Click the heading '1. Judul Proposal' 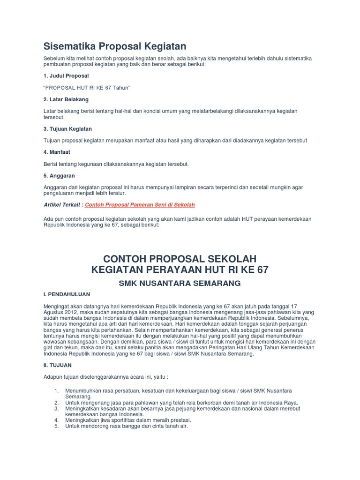pyautogui.click(x=66, y=75)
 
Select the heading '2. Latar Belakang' pyautogui.click(x=66, y=99)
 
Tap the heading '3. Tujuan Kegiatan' pyautogui.click(x=67, y=128)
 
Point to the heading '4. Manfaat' pyautogui.click(x=56, y=152)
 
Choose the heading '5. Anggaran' pyautogui.click(x=59, y=176)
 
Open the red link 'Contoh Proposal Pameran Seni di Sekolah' pyautogui.click(x=140, y=205)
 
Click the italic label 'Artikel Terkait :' pyautogui.click(x=63, y=205)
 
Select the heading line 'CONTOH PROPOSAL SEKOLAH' pyautogui.click(x=180, y=259)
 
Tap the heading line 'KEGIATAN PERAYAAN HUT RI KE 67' pyautogui.click(x=180, y=270)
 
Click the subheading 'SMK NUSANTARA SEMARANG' pyautogui.click(x=180, y=283)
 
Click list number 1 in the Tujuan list pyautogui.click(x=56, y=390)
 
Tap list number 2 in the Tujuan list pyautogui.click(x=56, y=402)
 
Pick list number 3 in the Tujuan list pyautogui.click(x=56, y=408)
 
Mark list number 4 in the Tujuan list pyautogui.click(x=56, y=420)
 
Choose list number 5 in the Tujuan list pyautogui.click(x=56, y=427)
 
